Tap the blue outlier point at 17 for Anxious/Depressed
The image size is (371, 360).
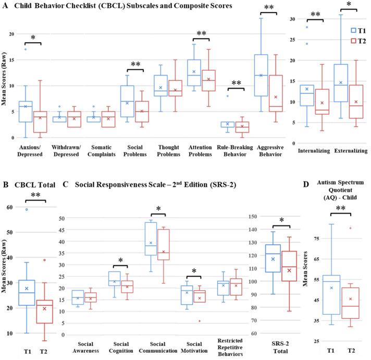coord(25,49)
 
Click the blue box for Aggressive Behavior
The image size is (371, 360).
coord(261,75)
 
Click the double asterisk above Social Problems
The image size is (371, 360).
coord(137,64)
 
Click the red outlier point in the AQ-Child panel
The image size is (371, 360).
coord(350,228)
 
